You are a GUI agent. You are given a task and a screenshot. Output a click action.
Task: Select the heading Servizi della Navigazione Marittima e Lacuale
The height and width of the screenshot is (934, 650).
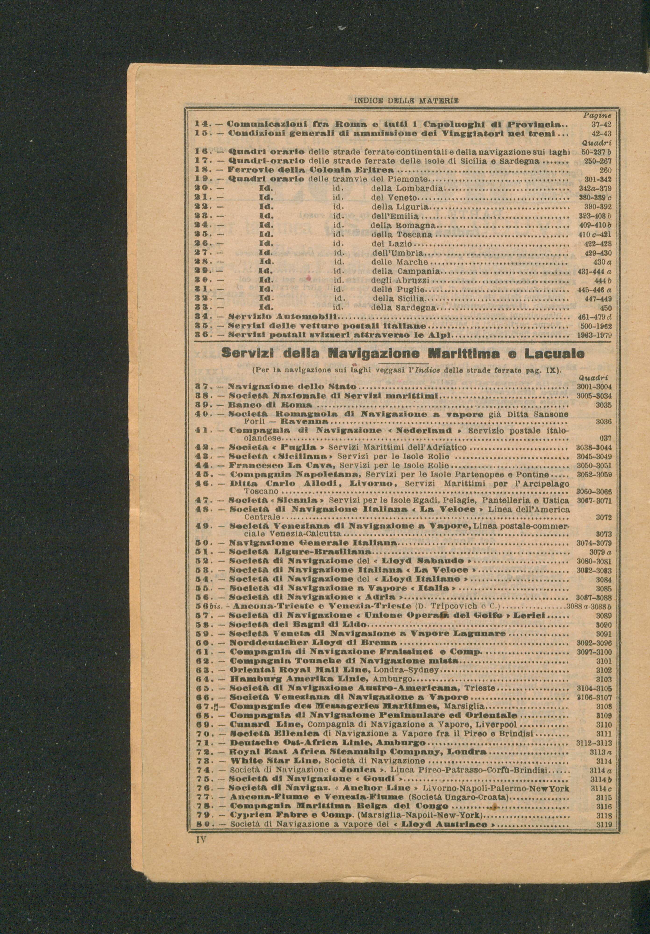[403, 353]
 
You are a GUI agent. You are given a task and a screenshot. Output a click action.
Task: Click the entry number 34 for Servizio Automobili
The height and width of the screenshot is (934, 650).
[202, 316]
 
